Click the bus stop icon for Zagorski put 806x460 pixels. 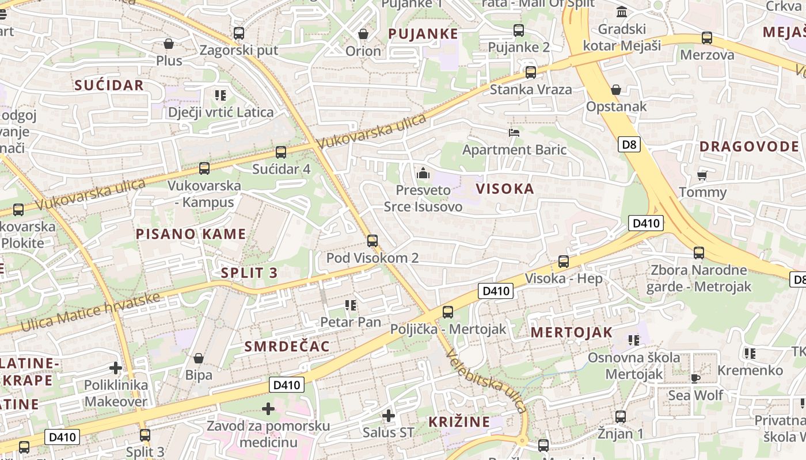(x=239, y=33)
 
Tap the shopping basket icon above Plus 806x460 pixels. (x=169, y=44)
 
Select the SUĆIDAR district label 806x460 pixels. (x=109, y=86)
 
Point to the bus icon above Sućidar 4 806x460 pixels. (x=281, y=152)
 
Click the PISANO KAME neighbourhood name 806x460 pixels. (x=191, y=234)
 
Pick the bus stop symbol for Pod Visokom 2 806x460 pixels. (x=372, y=241)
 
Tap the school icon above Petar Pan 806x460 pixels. (x=350, y=305)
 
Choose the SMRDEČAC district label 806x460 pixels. (x=287, y=346)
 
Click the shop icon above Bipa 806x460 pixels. (x=199, y=358)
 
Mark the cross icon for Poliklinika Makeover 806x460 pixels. (x=116, y=367)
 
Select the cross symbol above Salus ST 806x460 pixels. (x=389, y=415)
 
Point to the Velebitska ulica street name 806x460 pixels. (x=486, y=381)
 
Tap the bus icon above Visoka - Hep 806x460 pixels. (x=564, y=262)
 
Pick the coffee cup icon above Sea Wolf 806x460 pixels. (x=695, y=378)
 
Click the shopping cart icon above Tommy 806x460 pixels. (x=702, y=175)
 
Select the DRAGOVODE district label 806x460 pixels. (x=749, y=147)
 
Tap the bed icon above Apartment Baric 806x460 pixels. (x=514, y=133)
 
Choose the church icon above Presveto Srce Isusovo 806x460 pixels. (x=423, y=172)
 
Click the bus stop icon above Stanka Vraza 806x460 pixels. (x=531, y=72)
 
